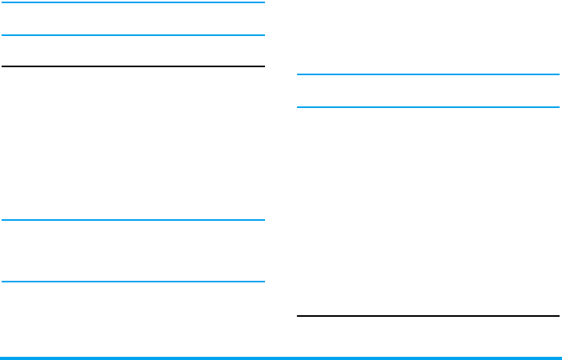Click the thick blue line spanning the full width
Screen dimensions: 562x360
click(280, 358)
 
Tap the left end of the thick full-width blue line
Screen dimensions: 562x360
click(1, 358)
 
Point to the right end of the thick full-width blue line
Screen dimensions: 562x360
click(560, 358)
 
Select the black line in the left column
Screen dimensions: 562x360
click(133, 66)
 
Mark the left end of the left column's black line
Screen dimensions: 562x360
click(2, 66)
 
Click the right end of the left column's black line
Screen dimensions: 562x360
click(263, 66)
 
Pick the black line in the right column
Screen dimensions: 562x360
click(428, 316)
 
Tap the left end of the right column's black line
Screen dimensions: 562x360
click(298, 316)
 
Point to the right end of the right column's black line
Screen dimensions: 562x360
click(558, 316)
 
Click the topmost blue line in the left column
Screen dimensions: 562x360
click(133, 2)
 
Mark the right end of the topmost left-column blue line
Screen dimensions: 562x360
click(263, 2)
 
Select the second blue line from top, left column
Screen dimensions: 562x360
click(133, 35)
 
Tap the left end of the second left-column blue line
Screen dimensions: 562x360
click(2, 35)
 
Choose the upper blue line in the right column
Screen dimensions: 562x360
click(428, 74)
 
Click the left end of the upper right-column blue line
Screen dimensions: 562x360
click(298, 74)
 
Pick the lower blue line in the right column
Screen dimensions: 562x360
click(428, 106)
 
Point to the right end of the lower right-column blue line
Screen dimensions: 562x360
click(558, 106)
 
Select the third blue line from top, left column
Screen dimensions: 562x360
click(133, 220)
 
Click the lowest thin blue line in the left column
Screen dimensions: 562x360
click(133, 281)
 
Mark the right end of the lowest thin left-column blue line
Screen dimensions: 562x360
click(263, 281)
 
